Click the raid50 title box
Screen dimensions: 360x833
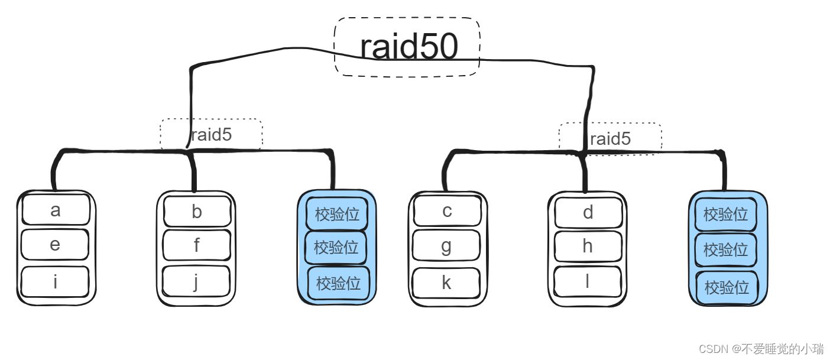pos(407,47)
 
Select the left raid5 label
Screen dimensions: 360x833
pos(211,135)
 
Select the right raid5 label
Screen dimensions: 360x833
pos(610,139)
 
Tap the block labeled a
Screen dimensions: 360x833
pos(56,210)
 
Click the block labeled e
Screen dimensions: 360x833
pos(55,245)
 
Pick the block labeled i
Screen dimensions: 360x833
pos(55,282)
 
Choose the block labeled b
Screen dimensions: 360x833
pos(197,212)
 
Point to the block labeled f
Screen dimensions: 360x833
pos(196,245)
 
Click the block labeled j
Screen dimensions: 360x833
pos(196,282)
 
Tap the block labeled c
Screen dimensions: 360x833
pos(447,212)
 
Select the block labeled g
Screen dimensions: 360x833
pos(446,246)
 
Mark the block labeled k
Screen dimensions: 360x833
pos(446,283)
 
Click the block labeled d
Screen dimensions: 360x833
pos(588,213)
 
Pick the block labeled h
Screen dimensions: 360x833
pos(588,247)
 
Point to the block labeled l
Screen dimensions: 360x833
pos(587,283)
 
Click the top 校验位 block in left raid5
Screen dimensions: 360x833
pos(337,214)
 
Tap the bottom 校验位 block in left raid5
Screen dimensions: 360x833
pos(338,284)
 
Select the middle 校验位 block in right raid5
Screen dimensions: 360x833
pos(725,250)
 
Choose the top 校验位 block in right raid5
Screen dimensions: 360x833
pos(725,215)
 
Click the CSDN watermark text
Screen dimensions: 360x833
pos(761,349)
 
